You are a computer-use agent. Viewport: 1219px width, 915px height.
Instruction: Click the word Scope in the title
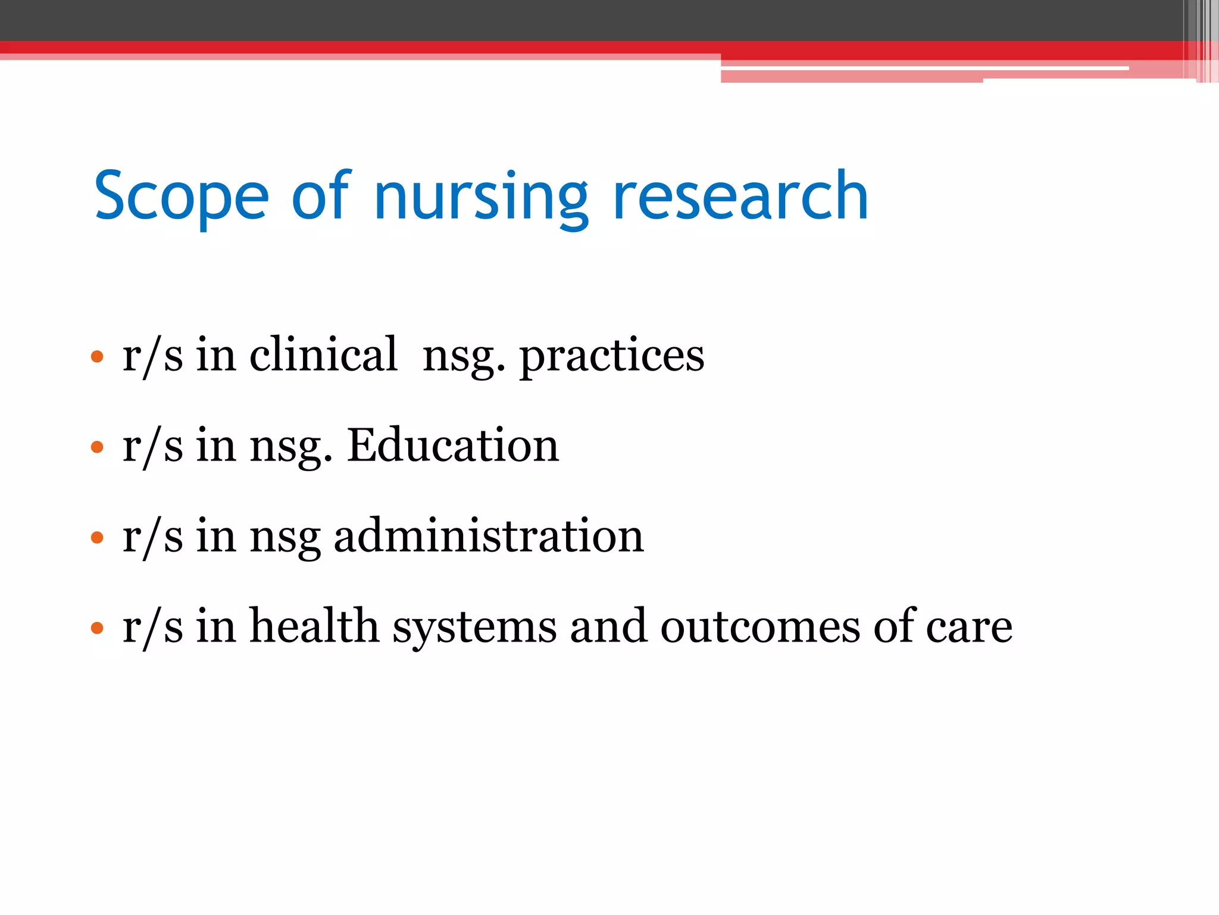pyautogui.click(x=182, y=197)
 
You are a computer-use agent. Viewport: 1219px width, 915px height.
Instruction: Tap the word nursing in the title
pyautogui.click(x=481, y=197)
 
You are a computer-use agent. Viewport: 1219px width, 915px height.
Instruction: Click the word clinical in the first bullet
pyautogui.click(x=323, y=355)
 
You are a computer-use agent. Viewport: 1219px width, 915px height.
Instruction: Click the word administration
pyautogui.click(x=489, y=536)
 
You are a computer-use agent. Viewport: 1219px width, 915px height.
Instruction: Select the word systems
pyautogui.click(x=474, y=627)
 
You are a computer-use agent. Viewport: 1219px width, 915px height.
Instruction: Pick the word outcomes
pyautogui.click(x=760, y=627)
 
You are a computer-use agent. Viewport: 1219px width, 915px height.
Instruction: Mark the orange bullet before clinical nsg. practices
pyautogui.click(x=97, y=357)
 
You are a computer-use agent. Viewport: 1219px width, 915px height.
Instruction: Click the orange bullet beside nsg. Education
pyautogui.click(x=97, y=447)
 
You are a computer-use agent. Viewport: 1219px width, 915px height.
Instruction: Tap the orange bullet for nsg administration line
pyautogui.click(x=97, y=538)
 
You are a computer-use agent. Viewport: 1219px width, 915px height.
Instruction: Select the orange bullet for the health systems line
pyautogui.click(x=97, y=628)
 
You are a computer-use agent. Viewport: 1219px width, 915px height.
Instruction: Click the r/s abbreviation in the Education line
pyautogui.click(x=152, y=446)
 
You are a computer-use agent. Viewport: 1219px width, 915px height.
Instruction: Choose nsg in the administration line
pyautogui.click(x=285, y=537)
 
